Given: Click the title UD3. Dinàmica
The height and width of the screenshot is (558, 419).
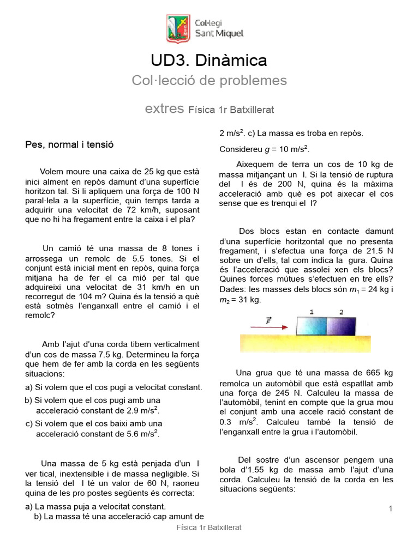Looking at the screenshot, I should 209,60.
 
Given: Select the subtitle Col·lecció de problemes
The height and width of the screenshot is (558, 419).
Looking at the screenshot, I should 209,81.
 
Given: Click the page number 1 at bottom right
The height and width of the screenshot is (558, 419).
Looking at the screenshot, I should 391,508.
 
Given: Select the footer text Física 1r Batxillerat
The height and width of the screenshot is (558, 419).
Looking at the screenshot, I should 209,527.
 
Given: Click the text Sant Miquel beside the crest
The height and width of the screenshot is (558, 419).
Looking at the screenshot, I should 219,34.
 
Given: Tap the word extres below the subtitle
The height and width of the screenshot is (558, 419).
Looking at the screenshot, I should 164,108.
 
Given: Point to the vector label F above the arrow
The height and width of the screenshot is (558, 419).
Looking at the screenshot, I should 268,320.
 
